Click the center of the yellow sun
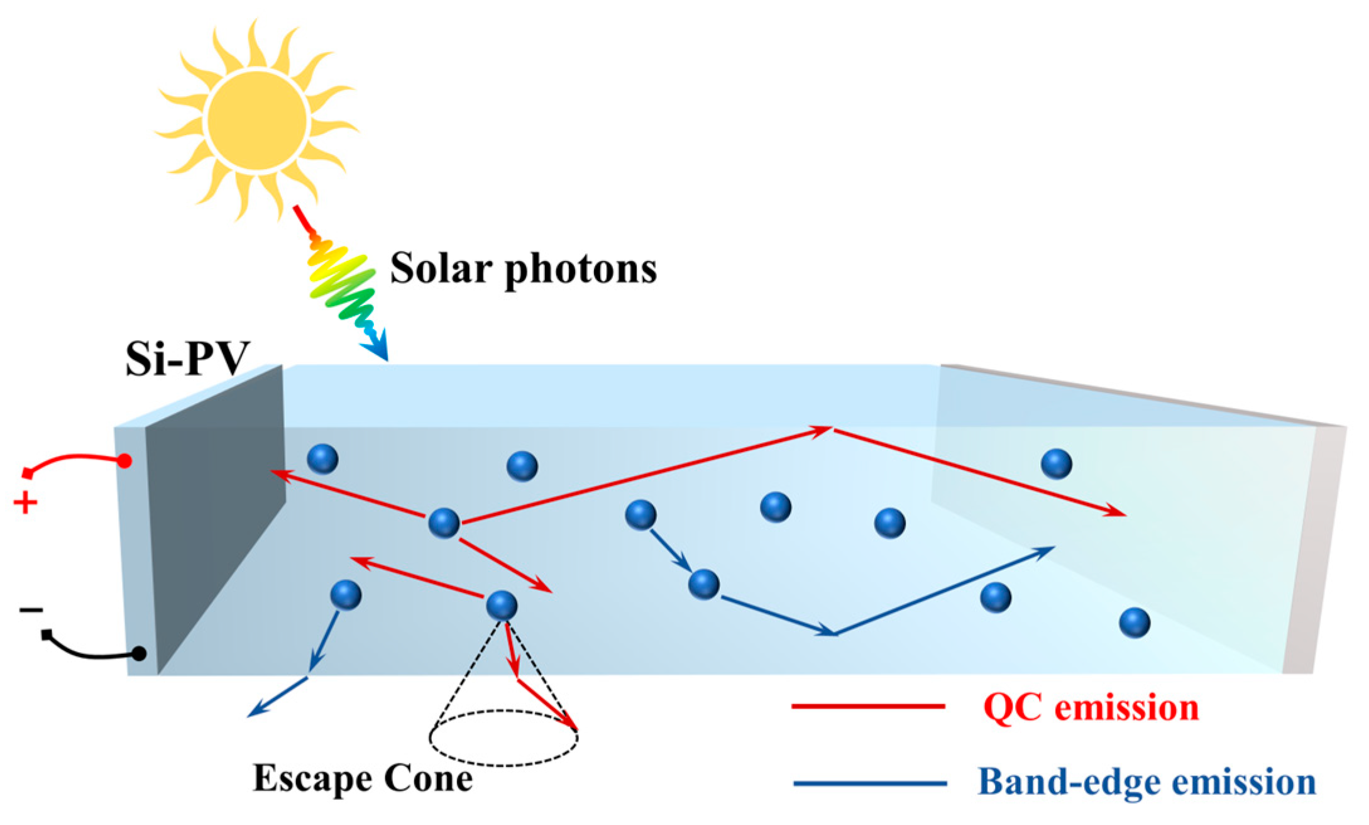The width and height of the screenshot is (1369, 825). pos(257,121)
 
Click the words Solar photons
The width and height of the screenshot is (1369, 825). pos(523,269)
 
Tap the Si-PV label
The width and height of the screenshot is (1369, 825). pos(187,359)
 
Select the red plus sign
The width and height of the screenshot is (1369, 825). pos(25,503)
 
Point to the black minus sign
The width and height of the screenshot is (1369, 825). pos(31,609)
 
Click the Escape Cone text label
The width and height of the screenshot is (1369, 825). pos(363,779)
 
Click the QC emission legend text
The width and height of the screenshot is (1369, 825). pos(1091,707)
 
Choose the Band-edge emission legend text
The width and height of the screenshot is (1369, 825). pos(1146,782)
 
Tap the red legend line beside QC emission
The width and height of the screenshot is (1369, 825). pos(868,707)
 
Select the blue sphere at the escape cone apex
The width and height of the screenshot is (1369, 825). pos(502,606)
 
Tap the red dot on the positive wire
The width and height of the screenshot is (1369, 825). pos(125,461)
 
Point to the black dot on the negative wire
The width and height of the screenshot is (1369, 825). pos(140,654)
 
